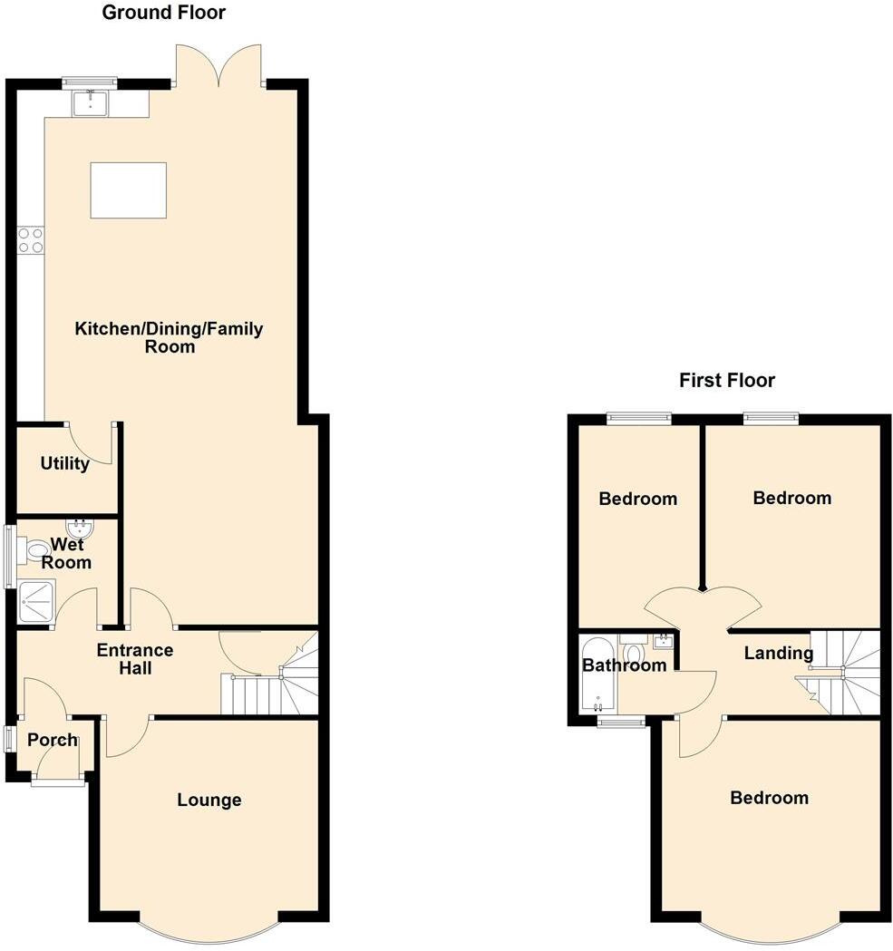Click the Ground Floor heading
coord(163,13)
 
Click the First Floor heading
coord(727,380)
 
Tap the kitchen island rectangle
coord(128,190)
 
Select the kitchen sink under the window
coord(91,103)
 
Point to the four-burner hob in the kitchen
coord(30,240)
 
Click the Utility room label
coord(64,464)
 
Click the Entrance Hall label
coord(135,659)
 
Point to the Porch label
coord(53,741)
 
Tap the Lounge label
coord(209,800)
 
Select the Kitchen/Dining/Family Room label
coord(169,337)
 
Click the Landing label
coord(778,653)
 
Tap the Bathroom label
coord(624,665)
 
